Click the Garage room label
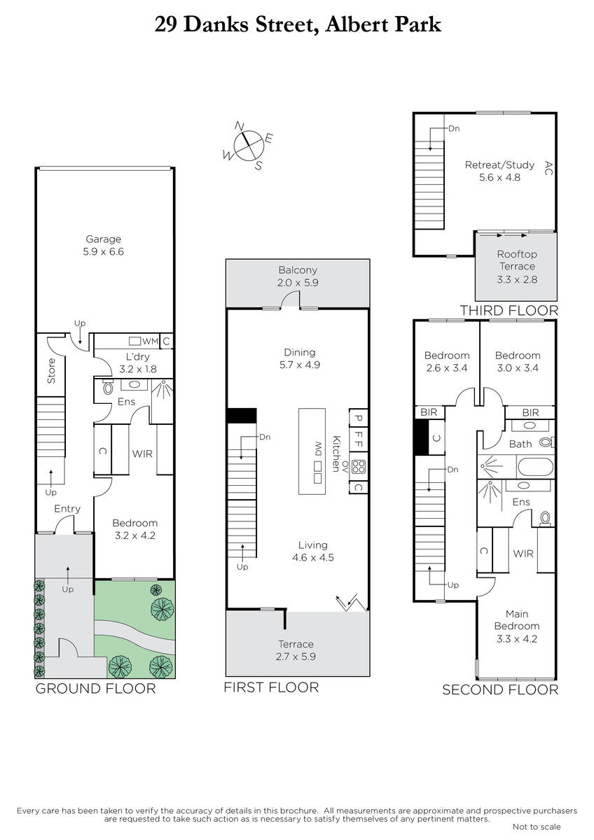(103, 239)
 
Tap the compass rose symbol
(248, 146)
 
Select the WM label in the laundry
(150, 342)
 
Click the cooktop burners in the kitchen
(359, 468)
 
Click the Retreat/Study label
(499, 165)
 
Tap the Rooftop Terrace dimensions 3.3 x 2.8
(517, 279)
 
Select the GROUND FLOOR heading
(95, 689)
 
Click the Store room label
(51, 371)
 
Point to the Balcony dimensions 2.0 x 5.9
(298, 283)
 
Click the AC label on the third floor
(548, 168)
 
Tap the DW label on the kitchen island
(318, 449)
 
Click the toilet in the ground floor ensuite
(108, 387)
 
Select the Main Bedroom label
(517, 620)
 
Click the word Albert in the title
(354, 25)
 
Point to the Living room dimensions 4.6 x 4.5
(313, 557)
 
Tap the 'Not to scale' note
(537, 827)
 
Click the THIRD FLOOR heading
(509, 311)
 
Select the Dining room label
(299, 352)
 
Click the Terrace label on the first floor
(296, 644)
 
